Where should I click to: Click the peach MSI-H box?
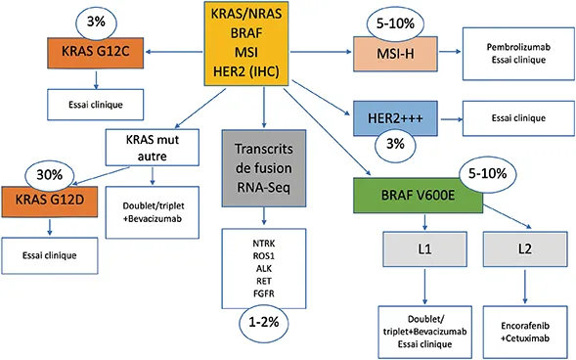[393, 49]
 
